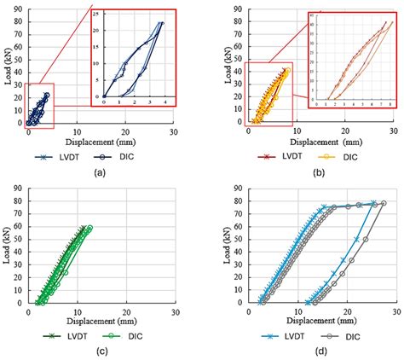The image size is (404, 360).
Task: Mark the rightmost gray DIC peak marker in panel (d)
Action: click(384, 203)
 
